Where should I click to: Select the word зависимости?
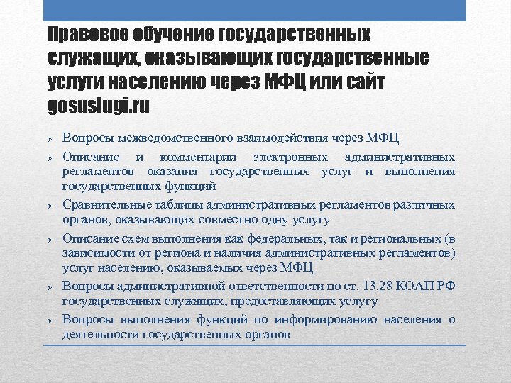[x=97, y=253]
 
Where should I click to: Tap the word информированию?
[x=333, y=320]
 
